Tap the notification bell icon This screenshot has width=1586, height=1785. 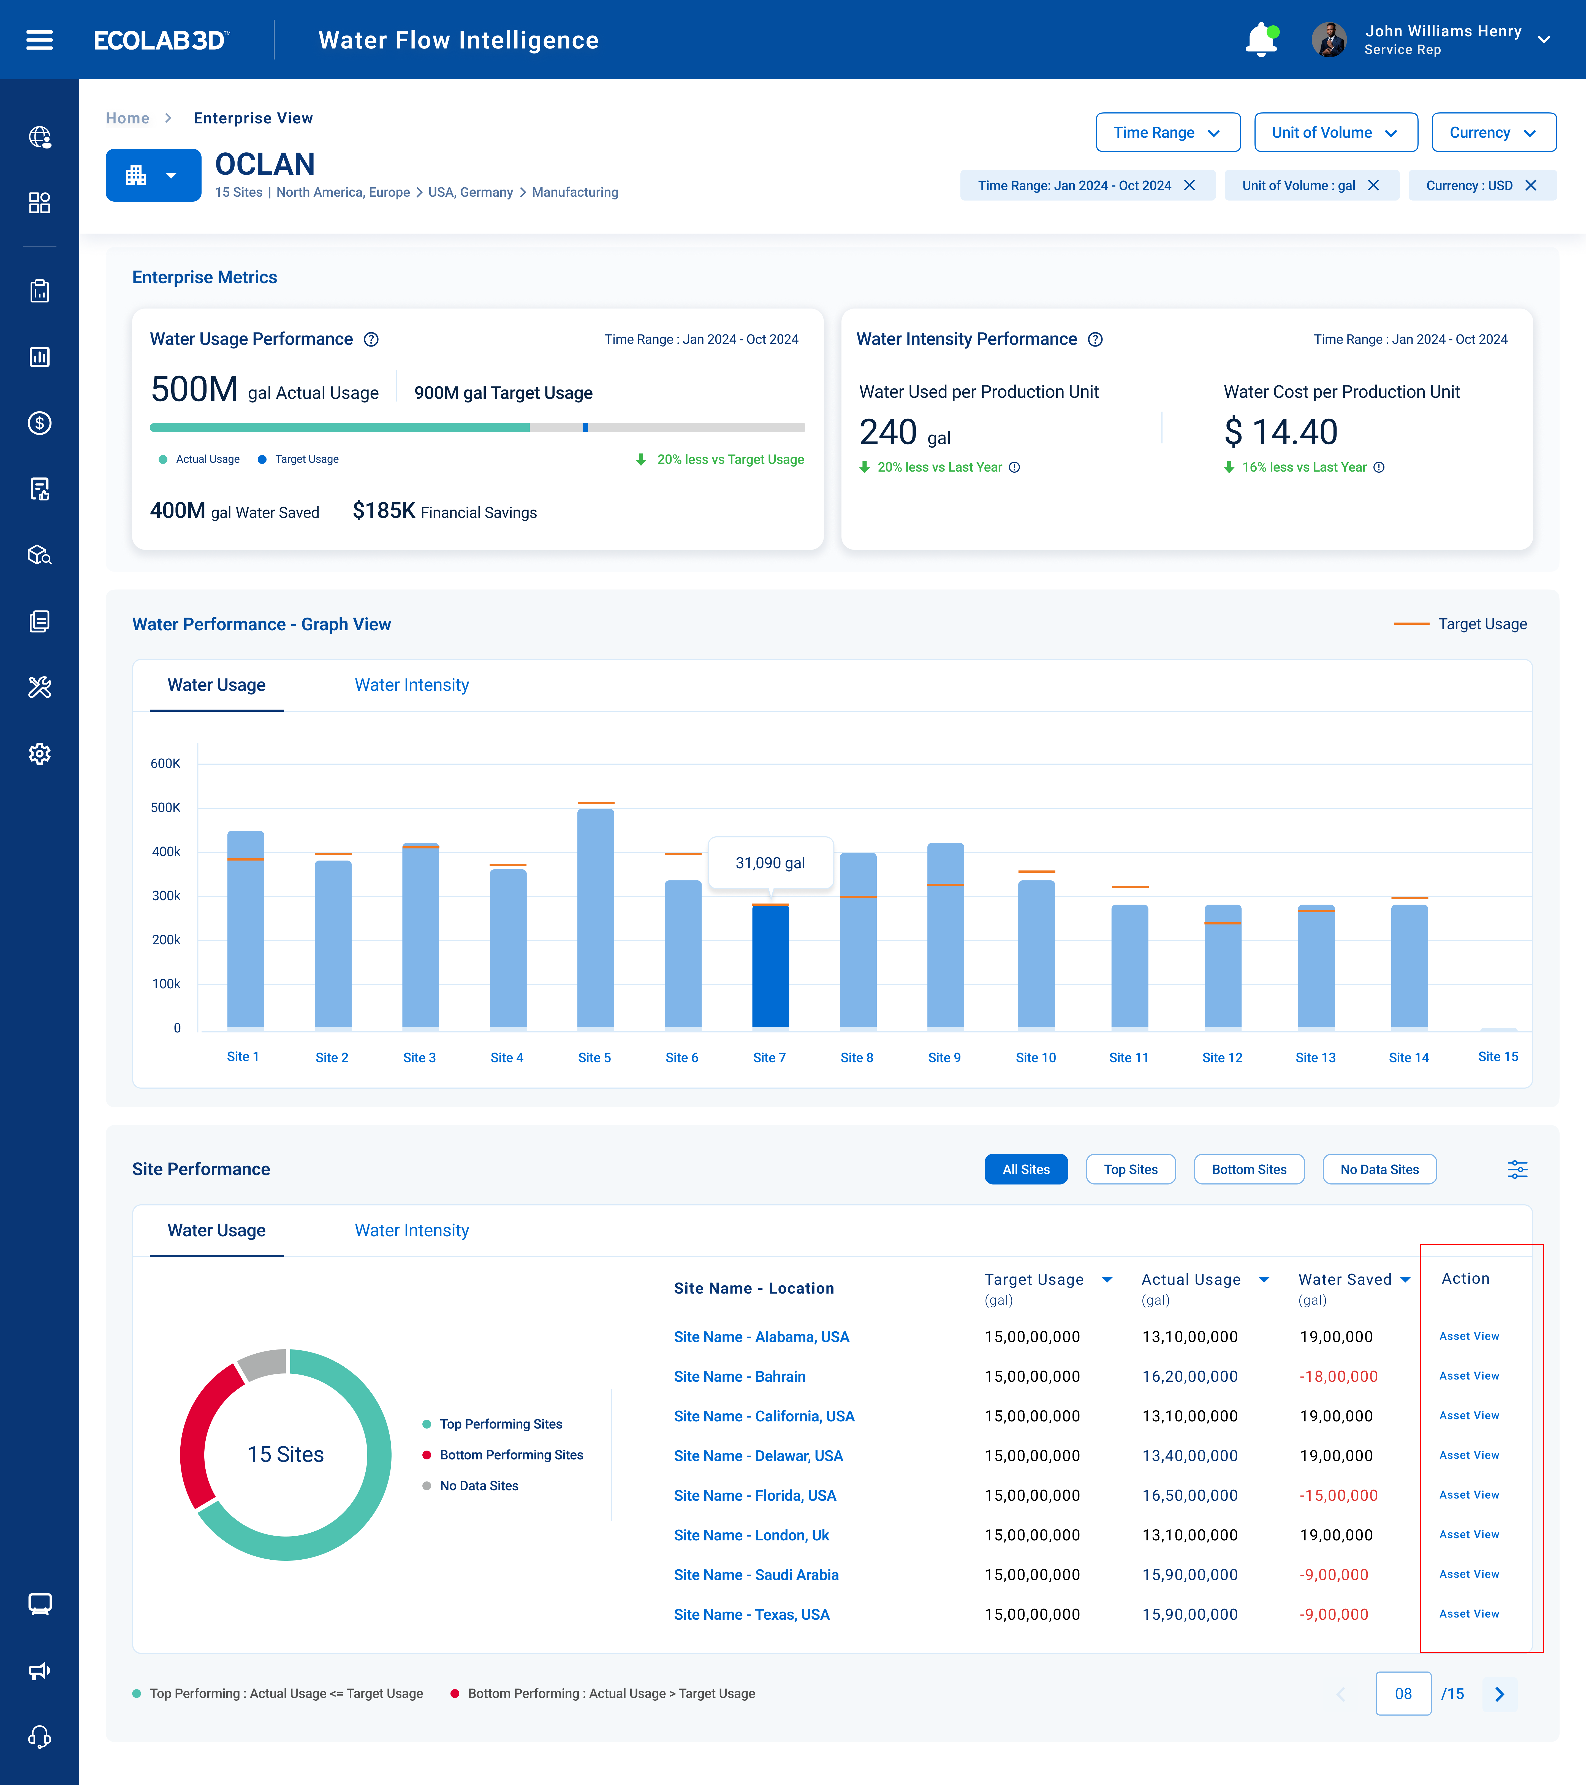coord(1261,40)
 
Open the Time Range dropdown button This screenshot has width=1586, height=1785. coord(1167,133)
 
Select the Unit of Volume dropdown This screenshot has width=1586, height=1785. coord(1335,133)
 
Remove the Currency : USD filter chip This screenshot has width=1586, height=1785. coord(1530,185)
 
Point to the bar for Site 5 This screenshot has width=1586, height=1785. coord(595,917)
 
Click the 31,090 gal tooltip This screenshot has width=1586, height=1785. coord(770,863)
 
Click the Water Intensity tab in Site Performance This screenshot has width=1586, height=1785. coord(411,1230)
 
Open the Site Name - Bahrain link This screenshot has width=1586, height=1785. coord(739,1376)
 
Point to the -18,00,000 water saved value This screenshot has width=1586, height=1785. coord(1338,1376)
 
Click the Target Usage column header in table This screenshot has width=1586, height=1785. coord(1034,1279)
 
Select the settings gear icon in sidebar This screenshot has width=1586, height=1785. coord(39,754)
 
